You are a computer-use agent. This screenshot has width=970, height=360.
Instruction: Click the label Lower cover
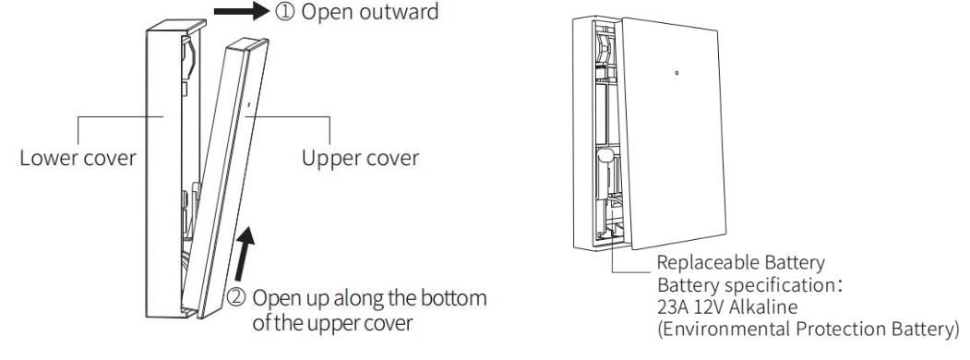(78, 157)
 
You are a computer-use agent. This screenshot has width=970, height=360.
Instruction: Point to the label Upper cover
(360, 157)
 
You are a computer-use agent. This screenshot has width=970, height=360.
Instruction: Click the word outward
(391, 13)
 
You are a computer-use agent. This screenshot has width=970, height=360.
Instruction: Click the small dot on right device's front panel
(677, 71)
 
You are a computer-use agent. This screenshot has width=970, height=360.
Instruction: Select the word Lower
(45, 157)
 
